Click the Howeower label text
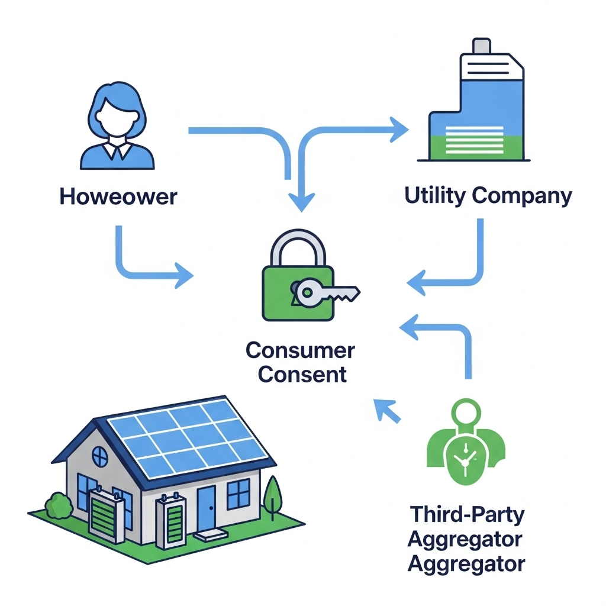pos(118,196)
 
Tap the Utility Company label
pos(488,195)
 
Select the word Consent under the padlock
pos(302,374)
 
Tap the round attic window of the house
pos(99,456)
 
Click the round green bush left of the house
pos(58,507)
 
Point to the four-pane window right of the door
pos(238,494)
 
